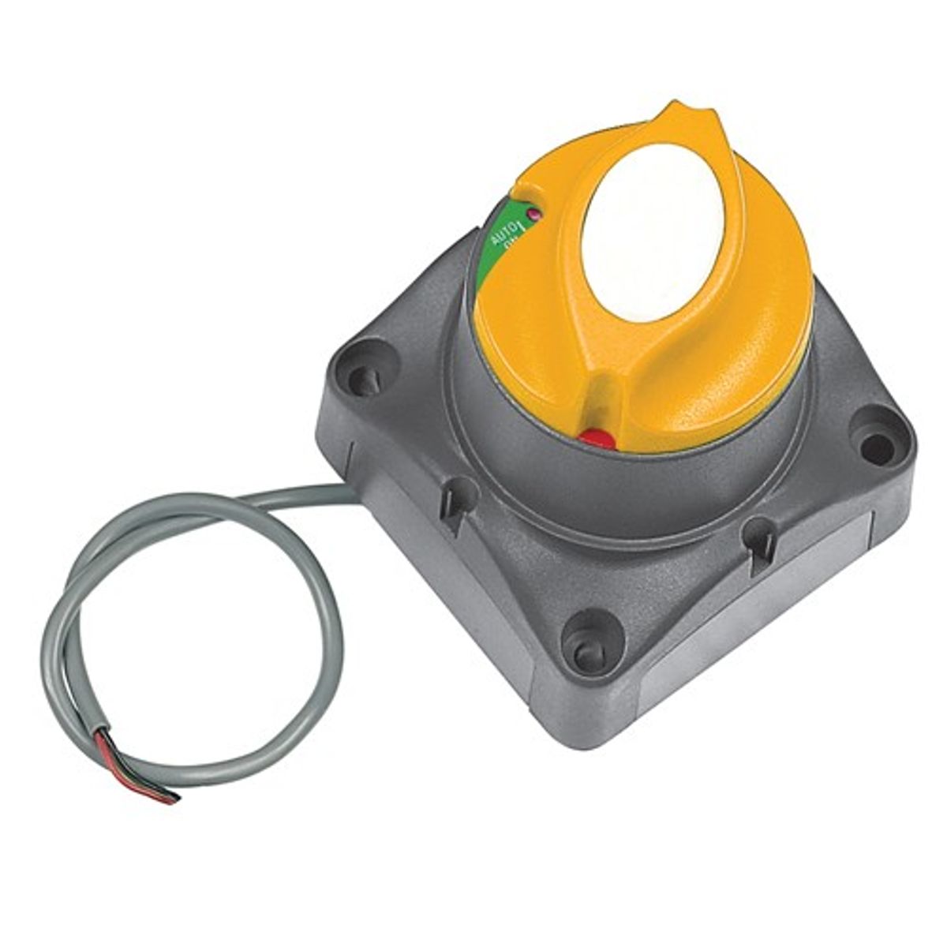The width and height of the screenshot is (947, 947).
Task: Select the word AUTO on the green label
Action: click(x=499, y=234)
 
